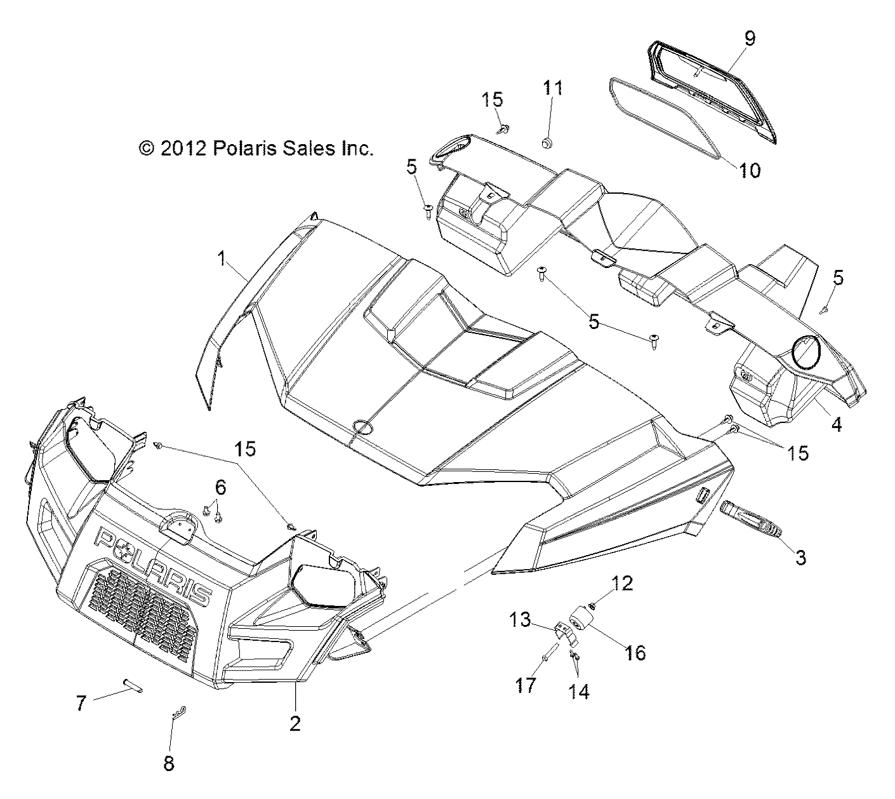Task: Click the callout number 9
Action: point(749,38)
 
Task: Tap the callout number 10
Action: point(750,170)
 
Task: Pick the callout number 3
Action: point(801,558)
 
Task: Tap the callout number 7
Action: point(81,704)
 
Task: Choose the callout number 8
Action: point(168,763)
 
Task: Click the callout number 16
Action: point(635,652)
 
